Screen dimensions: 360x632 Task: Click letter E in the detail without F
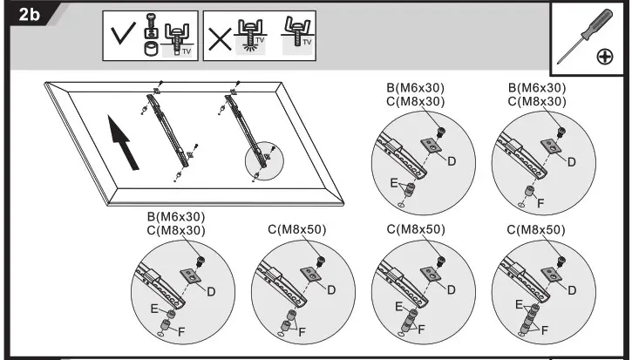pos(396,184)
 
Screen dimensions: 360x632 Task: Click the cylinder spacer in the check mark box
pos(151,51)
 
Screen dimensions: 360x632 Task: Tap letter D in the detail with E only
pos(452,161)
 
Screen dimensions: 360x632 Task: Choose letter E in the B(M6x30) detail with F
pos(153,308)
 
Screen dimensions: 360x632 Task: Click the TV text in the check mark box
pos(184,51)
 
